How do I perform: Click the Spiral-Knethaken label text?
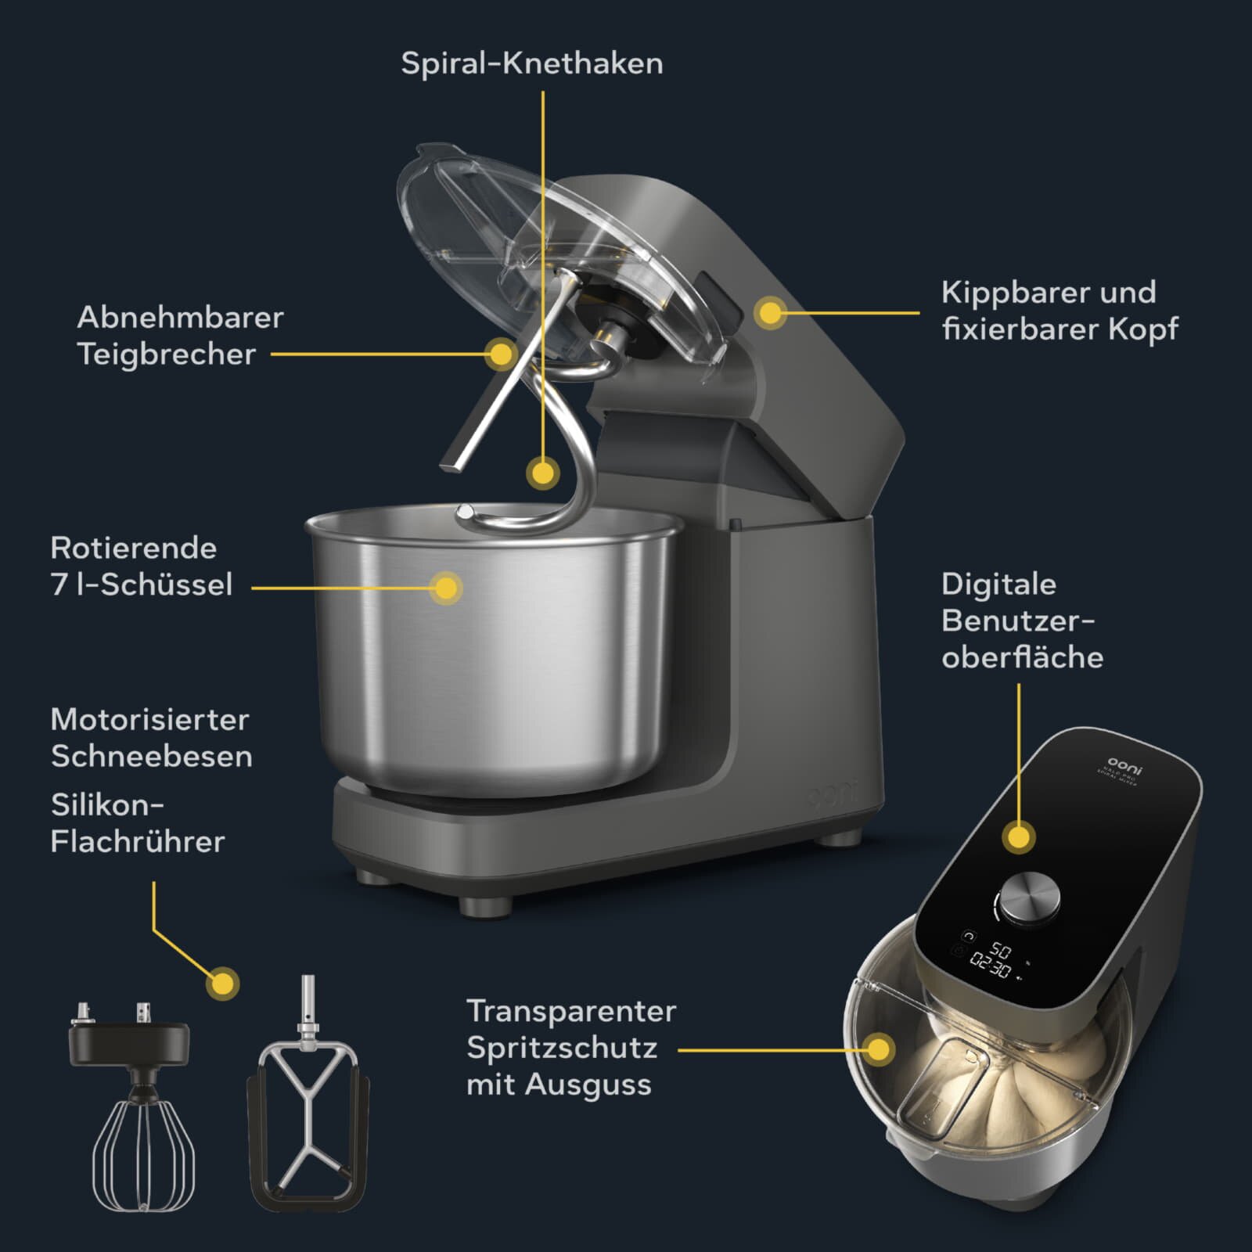click(531, 63)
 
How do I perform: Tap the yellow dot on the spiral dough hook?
click(542, 473)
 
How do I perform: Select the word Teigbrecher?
click(166, 354)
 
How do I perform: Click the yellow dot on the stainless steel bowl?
click(446, 588)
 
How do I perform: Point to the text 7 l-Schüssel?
click(142, 585)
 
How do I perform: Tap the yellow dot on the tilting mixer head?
click(771, 313)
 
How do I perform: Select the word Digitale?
click(998, 584)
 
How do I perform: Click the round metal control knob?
click(1031, 898)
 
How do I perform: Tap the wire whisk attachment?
click(142, 1150)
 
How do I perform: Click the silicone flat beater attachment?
click(308, 1127)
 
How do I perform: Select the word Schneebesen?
click(151, 757)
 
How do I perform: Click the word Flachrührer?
click(138, 842)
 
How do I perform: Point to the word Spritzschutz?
click(562, 1048)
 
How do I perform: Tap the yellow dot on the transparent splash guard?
click(880, 1049)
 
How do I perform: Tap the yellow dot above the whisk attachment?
click(223, 984)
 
